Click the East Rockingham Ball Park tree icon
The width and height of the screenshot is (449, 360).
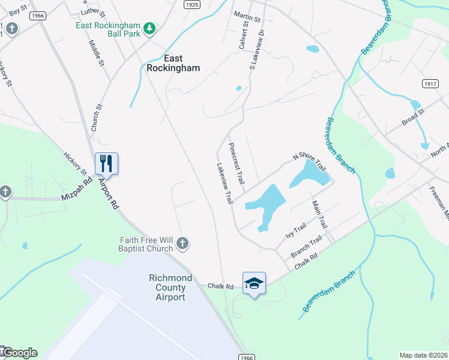[x=149, y=28]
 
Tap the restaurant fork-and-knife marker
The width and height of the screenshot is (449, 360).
[x=106, y=163]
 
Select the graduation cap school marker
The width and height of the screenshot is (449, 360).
[x=254, y=283]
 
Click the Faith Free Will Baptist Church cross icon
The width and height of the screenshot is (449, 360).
[x=183, y=244]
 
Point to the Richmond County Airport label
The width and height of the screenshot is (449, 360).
[x=170, y=287]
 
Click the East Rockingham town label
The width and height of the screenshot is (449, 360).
[x=173, y=63]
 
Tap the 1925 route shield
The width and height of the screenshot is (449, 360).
[x=191, y=4]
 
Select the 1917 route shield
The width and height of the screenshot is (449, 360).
[x=429, y=83]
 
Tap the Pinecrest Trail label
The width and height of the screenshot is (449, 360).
[x=237, y=163]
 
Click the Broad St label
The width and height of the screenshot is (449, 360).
[x=413, y=116]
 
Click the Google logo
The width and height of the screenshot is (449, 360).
[x=19, y=353]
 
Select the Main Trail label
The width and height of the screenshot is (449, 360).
[x=319, y=214]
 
